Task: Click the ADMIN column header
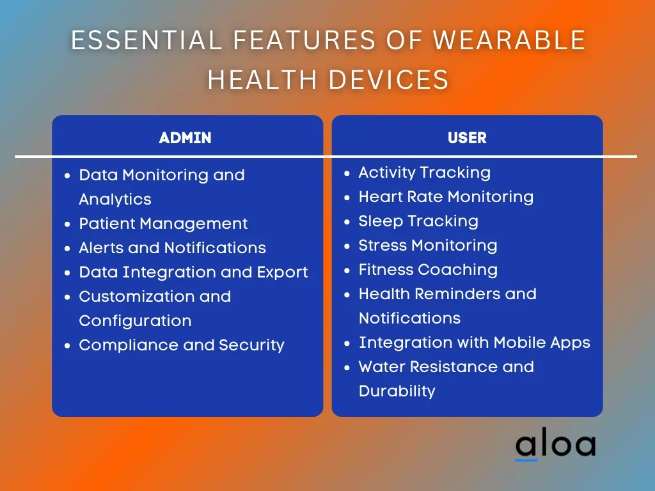click(x=185, y=138)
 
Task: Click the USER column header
click(x=467, y=138)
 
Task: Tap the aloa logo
click(x=556, y=444)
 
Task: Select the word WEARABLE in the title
click(x=509, y=40)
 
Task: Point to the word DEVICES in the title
click(x=388, y=79)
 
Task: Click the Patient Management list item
click(x=163, y=224)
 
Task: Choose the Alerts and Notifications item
click(x=173, y=248)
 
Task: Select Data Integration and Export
click(x=193, y=272)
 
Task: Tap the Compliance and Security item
click(x=182, y=345)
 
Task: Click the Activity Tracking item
click(x=425, y=173)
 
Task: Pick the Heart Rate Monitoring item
click(x=446, y=197)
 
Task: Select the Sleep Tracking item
click(x=418, y=221)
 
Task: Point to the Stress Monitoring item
click(x=428, y=245)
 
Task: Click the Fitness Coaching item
click(x=428, y=270)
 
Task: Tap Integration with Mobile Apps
click(x=475, y=343)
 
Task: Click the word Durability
click(x=397, y=391)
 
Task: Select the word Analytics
click(x=115, y=199)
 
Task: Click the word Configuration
click(x=135, y=321)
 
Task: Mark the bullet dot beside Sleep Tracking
click(x=347, y=222)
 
